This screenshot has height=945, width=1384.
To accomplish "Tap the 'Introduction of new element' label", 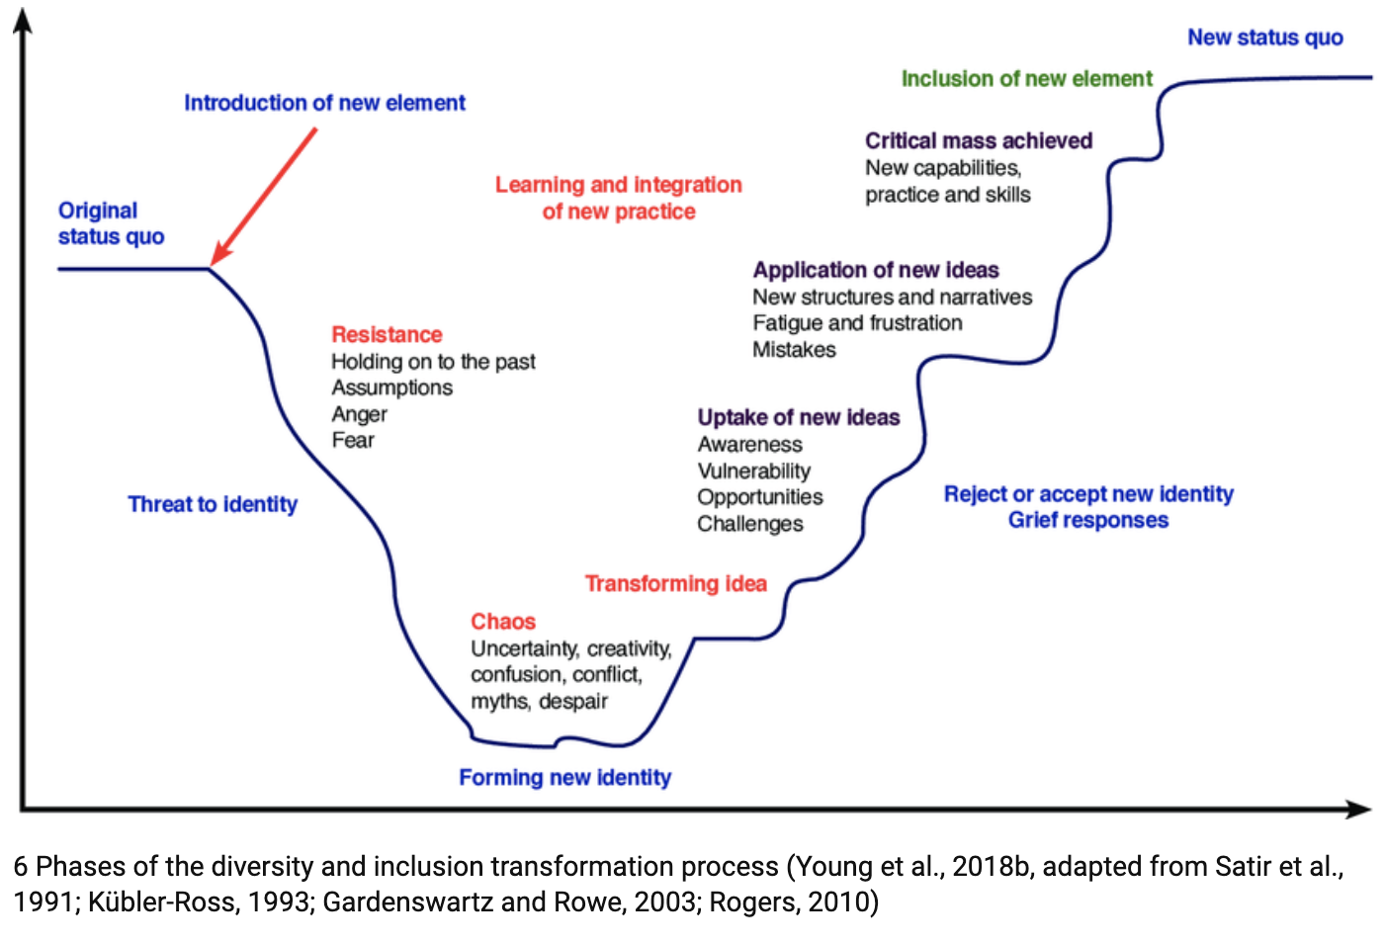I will tap(324, 103).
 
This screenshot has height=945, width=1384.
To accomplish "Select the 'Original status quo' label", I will tap(111, 223).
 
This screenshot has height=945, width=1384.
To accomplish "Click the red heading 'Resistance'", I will tap(387, 334).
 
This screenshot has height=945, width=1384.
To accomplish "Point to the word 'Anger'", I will tap(359, 414).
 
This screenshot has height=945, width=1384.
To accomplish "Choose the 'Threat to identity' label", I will tap(213, 504).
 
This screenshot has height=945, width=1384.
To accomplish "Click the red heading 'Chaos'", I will tap(502, 622).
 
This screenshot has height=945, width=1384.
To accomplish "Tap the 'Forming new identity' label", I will tap(564, 778).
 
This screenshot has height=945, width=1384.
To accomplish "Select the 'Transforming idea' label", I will tap(675, 583).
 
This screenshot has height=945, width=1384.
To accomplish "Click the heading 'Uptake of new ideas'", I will tap(798, 417).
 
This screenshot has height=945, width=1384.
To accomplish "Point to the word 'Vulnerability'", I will tap(753, 471).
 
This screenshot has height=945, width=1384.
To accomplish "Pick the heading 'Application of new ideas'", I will tap(875, 270).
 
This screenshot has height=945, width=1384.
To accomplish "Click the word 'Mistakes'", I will tap(794, 349).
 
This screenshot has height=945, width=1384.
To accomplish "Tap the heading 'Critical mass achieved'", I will tap(978, 140).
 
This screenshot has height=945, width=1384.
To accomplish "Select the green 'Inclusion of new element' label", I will tap(1026, 79).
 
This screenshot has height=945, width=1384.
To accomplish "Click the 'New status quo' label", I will tap(1264, 38).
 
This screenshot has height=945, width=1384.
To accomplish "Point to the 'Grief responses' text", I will tap(1087, 520).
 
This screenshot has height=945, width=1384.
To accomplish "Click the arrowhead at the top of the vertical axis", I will tap(22, 20).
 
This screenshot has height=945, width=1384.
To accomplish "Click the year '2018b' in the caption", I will tap(994, 867).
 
